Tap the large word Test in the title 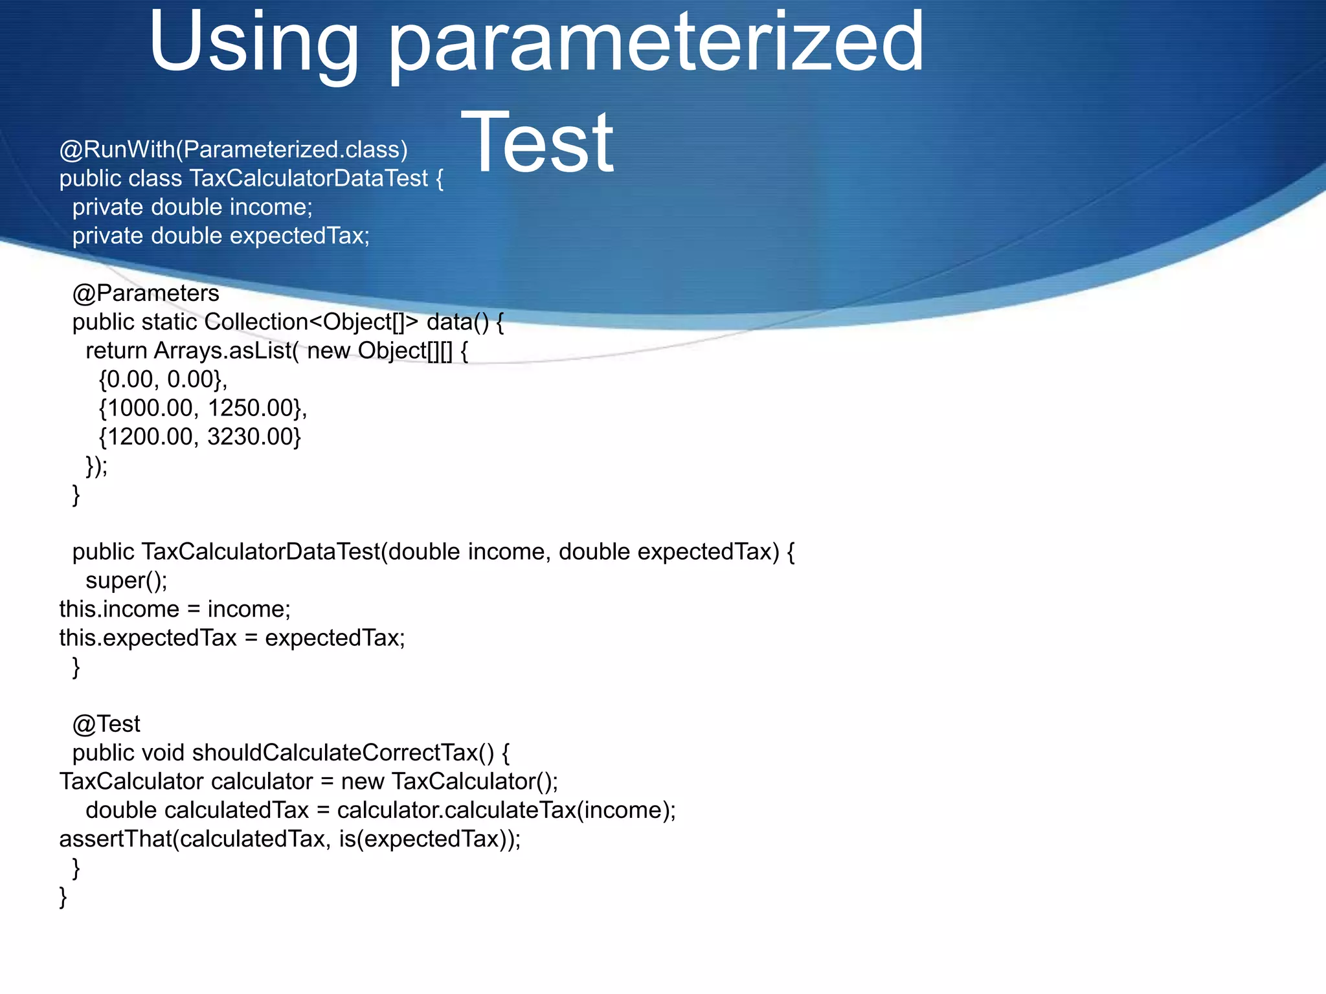(537, 142)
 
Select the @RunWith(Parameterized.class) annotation (233, 149)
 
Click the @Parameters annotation (146, 293)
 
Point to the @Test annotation (106, 723)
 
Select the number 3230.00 (251, 437)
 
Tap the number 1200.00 (150, 437)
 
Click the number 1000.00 (150, 408)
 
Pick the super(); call (126, 580)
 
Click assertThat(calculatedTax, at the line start (195, 839)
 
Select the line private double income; (192, 207)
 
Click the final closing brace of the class (63, 897)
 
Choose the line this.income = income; (175, 609)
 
